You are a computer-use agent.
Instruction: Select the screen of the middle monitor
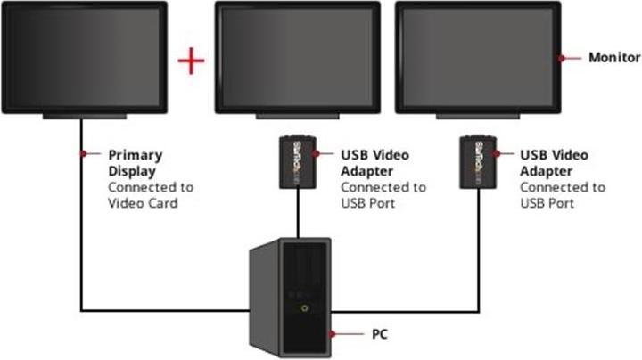299,56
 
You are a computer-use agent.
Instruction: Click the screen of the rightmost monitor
477,56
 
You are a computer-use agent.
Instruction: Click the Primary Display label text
135,162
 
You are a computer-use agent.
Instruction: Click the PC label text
378,335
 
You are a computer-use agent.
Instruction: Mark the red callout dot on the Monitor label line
563,58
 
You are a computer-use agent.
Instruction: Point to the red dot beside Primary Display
83,154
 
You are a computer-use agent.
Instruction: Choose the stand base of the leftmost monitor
86,118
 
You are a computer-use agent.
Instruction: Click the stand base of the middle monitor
299,118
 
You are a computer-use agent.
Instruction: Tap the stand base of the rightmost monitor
477,118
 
